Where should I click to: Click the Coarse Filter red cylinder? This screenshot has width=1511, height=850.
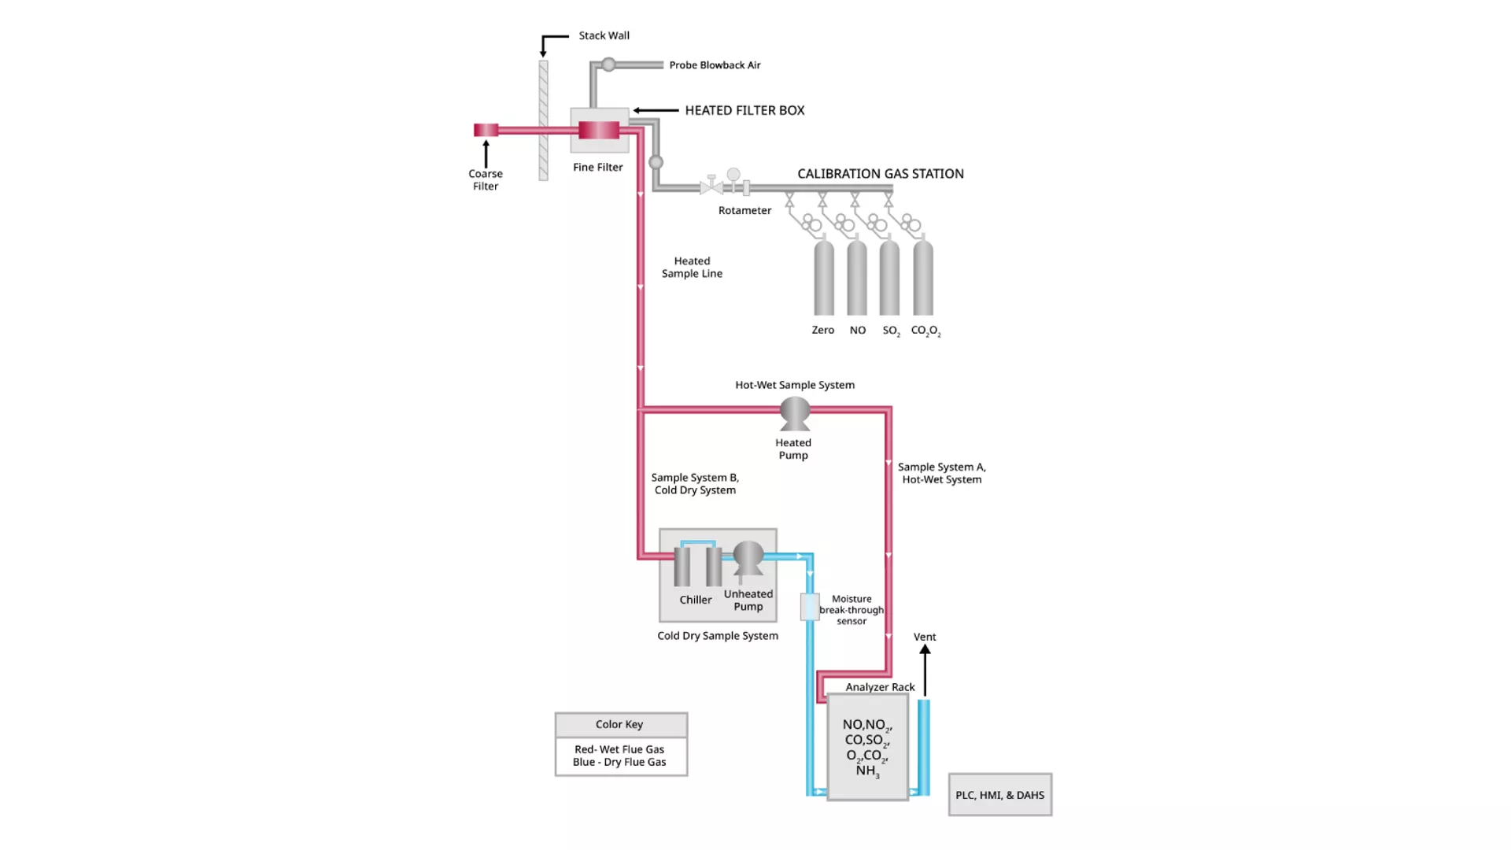[486, 130]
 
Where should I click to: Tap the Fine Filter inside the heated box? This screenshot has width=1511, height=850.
[599, 130]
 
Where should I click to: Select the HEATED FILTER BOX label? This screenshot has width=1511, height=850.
[744, 110]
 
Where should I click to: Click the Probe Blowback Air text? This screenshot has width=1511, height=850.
[715, 65]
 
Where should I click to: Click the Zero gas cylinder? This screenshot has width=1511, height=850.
[823, 279]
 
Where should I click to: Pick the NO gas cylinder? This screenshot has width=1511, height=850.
[857, 279]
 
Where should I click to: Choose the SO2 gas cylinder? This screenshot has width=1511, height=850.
[889, 279]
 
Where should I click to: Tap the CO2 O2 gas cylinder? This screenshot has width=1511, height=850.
[923, 279]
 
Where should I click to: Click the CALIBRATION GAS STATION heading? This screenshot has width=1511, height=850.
[880, 174]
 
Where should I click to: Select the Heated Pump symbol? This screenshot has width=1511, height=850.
[795, 413]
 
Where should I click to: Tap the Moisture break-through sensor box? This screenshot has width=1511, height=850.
[810, 607]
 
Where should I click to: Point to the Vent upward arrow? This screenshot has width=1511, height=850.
[925, 669]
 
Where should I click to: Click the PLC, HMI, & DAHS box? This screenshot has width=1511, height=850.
[999, 795]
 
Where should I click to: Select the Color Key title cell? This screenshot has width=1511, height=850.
[620, 724]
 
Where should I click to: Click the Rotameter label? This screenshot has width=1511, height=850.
[744, 210]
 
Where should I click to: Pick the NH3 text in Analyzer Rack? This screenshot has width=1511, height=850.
[866, 771]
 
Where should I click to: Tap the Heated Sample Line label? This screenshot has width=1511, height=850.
[692, 268]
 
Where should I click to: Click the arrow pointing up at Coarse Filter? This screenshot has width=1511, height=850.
[486, 153]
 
